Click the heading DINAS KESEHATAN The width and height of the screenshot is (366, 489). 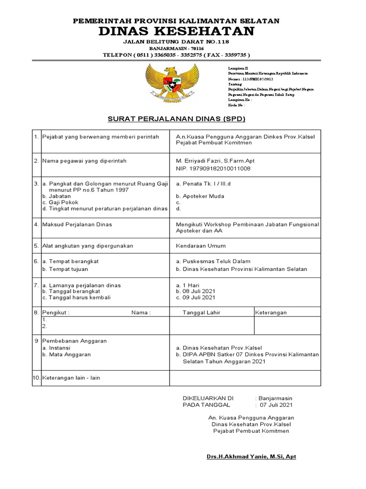pos(176,32)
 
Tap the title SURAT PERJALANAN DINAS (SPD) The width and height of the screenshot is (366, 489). pos(176,118)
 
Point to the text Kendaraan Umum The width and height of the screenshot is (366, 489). pos(201,245)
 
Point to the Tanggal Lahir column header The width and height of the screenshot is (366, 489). pos(202,313)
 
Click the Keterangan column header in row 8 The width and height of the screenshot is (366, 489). pos(271,313)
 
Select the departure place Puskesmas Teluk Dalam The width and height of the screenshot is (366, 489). pos(216,261)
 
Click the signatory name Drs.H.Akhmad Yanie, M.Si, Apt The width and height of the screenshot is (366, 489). pos(251,457)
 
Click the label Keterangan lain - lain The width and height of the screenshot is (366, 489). pos(71,378)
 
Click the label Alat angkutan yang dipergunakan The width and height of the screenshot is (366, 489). pos(88,245)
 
